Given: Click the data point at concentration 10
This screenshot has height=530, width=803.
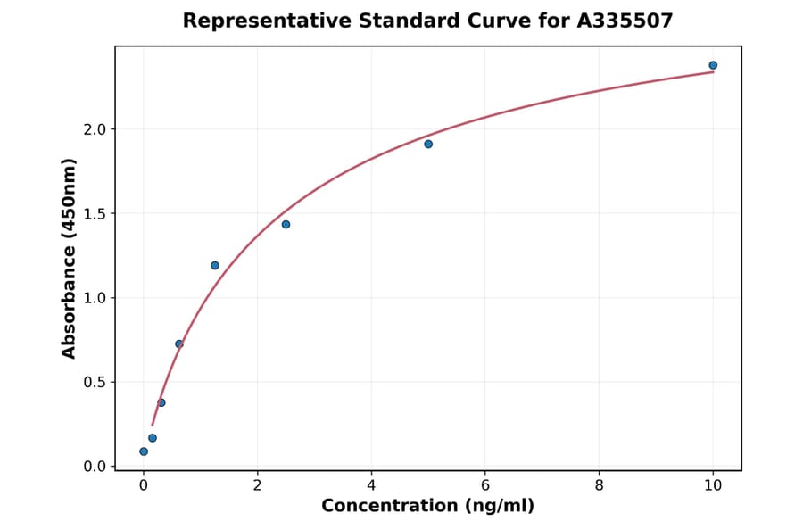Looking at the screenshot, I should [x=713, y=65].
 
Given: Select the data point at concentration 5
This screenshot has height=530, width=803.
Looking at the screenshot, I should [x=428, y=144].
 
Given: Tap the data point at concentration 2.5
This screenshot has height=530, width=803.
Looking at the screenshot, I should [x=286, y=224].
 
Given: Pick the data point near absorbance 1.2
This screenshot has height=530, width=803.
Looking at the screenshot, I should [x=215, y=265].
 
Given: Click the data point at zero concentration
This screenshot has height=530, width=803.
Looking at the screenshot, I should [x=144, y=451].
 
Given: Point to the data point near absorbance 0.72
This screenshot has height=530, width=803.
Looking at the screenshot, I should [x=179, y=344].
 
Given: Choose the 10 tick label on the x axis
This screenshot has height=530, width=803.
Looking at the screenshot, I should [x=713, y=485].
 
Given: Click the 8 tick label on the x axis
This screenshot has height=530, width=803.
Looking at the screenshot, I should [x=599, y=485].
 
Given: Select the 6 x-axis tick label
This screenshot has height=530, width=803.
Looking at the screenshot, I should [x=485, y=485].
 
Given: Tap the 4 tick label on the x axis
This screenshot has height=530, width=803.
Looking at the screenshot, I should [x=371, y=485].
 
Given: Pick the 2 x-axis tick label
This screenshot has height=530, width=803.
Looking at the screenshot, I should [x=257, y=485].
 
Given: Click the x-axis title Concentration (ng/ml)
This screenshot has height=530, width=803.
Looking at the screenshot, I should [x=427, y=507].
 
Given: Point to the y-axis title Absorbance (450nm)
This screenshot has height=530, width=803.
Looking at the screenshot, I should [x=69, y=258].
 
